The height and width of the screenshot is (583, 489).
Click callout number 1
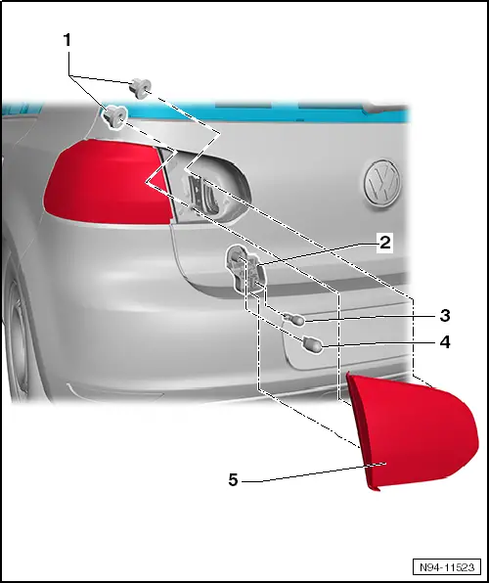click(67, 42)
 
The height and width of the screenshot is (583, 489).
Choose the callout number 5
click(232, 479)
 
